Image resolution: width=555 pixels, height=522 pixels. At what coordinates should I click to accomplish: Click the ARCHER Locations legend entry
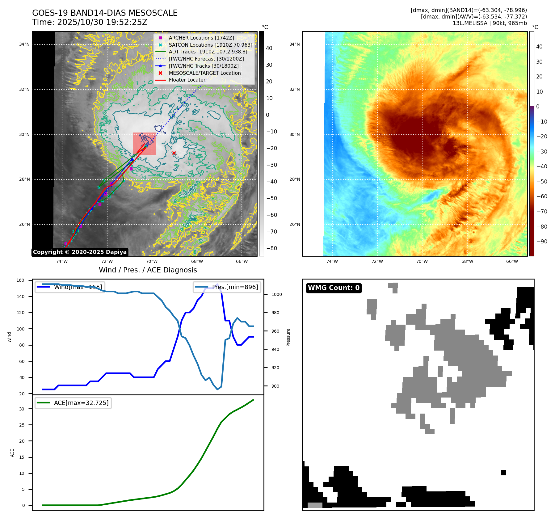[x=201, y=38]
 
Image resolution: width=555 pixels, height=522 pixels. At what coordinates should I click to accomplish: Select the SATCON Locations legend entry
[x=210, y=45]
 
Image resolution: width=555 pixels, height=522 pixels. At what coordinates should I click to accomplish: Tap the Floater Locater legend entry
[x=187, y=80]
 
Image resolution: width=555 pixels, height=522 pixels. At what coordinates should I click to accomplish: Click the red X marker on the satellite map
[x=174, y=153]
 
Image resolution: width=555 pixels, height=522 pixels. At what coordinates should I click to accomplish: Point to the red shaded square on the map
[x=144, y=144]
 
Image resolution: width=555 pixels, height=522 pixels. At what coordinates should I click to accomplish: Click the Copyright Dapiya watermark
[x=80, y=252]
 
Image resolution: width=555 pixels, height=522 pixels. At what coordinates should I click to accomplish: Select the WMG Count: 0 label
[x=334, y=288]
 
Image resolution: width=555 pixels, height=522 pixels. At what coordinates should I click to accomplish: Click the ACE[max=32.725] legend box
[x=73, y=403]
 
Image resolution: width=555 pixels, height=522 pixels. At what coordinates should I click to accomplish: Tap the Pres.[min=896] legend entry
[x=227, y=287]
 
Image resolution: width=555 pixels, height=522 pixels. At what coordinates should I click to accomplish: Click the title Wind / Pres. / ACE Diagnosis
[x=148, y=270]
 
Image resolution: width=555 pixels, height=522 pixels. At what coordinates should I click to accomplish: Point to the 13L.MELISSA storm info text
[x=490, y=23]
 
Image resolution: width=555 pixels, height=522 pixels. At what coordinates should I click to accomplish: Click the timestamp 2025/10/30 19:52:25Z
[x=102, y=23]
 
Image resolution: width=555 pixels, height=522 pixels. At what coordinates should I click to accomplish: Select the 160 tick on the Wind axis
[x=20, y=280]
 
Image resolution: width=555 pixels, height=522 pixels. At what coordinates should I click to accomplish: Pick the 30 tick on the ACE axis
[x=22, y=409]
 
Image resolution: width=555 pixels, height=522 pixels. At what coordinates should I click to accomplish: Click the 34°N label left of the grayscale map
[x=24, y=44]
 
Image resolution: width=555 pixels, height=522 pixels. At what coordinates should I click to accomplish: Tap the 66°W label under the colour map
[x=512, y=262]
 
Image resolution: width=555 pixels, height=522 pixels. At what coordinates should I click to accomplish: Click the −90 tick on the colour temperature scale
[x=542, y=242]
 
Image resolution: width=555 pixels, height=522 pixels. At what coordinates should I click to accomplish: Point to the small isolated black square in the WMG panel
[x=503, y=473]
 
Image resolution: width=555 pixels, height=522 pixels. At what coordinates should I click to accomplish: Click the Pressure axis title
[x=288, y=337]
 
